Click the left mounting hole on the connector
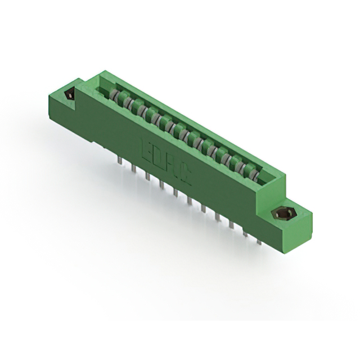[70, 95]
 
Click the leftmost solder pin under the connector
[120, 161]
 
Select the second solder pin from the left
[133, 169]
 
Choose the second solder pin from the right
[245, 232]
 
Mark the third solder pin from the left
[147, 177]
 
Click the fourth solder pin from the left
[161, 184]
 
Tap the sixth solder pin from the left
[189, 201]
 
